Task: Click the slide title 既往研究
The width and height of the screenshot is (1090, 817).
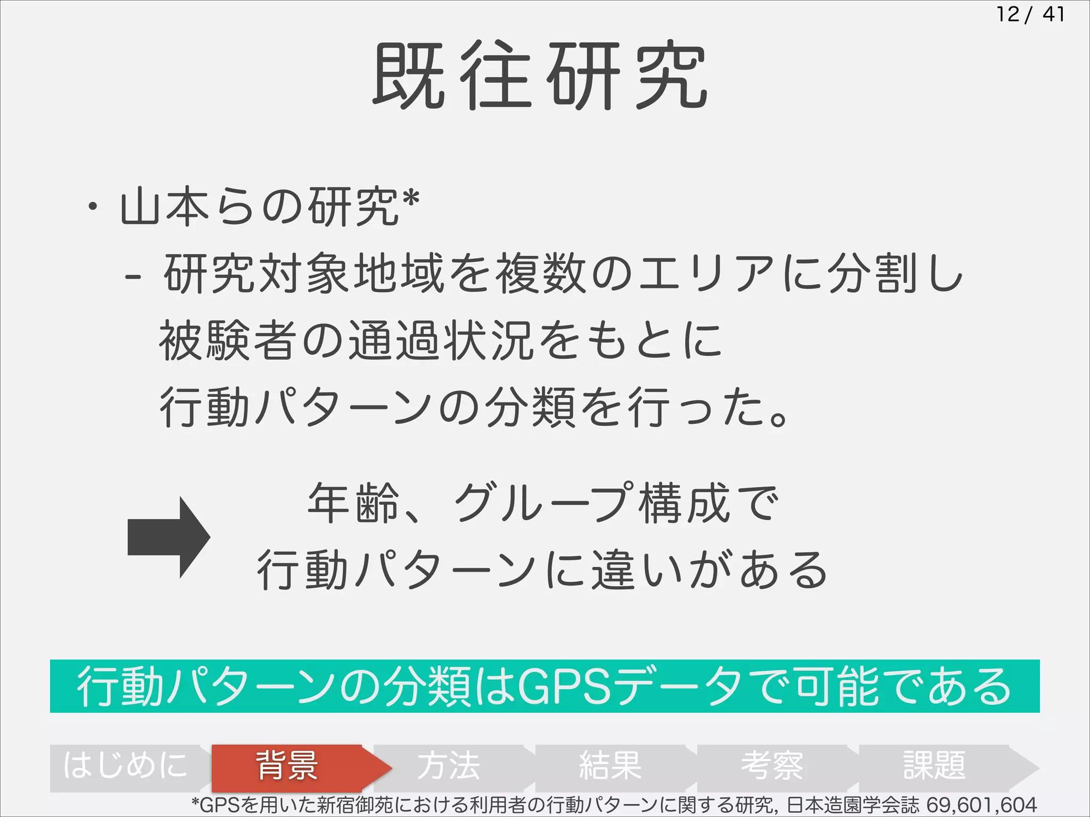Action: (x=540, y=76)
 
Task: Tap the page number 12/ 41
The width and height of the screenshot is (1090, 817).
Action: (x=1030, y=14)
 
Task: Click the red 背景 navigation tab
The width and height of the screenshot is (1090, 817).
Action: (x=287, y=766)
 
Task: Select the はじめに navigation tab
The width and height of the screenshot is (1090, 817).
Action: (x=126, y=766)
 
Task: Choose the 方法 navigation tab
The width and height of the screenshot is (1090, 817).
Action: (x=449, y=766)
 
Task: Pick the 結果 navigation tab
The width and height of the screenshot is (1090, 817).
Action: (x=610, y=766)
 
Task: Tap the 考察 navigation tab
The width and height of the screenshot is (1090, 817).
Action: (x=772, y=766)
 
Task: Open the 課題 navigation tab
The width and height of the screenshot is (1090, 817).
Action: (x=934, y=766)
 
